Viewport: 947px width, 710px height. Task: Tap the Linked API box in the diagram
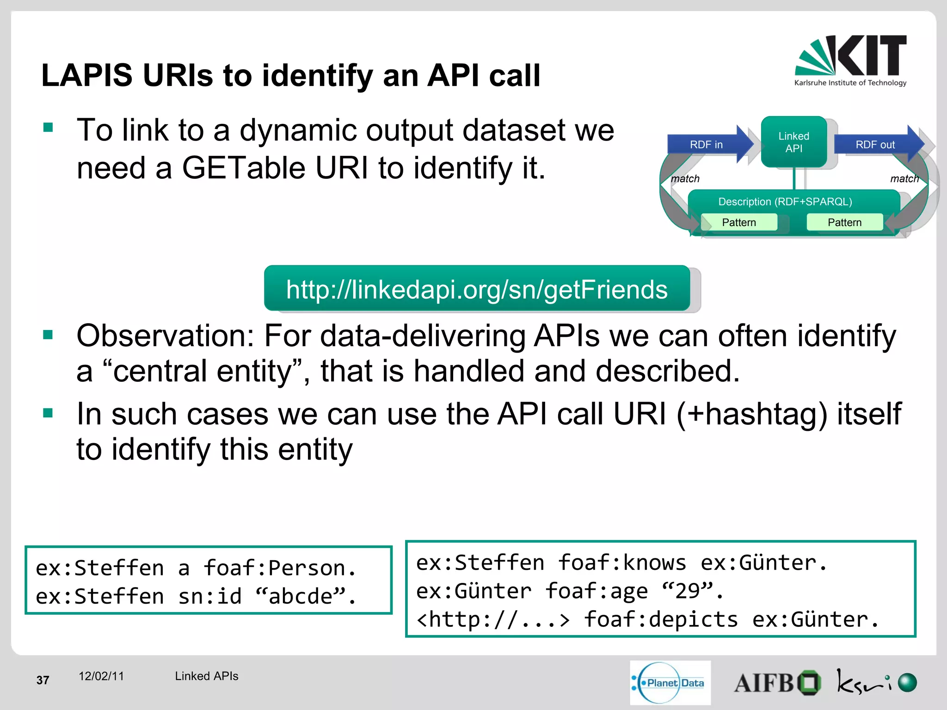(793, 142)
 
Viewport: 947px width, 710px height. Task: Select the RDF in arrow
(707, 145)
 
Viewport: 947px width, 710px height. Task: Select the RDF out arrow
(875, 145)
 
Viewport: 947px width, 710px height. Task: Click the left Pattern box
(738, 222)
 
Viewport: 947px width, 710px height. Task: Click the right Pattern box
(844, 222)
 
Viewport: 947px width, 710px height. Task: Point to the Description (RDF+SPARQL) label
(785, 202)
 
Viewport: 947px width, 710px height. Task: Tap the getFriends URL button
(477, 289)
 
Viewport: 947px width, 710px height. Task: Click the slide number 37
(43, 680)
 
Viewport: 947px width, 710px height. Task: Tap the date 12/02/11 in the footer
(101, 676)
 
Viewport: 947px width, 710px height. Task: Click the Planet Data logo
(670, 683)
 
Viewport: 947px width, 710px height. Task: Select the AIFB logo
(777, 683)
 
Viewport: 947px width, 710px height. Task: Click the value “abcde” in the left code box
(300, 596)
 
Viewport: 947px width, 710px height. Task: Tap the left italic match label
(685, 178)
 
